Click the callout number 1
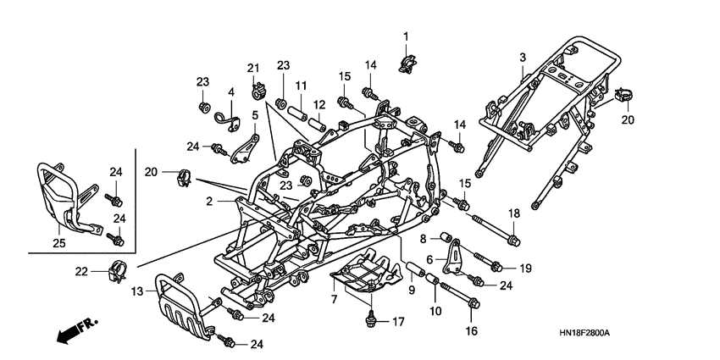click(406, 36)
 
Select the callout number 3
click(523, 57)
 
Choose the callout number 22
click(81, 270)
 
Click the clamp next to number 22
click(117, 273)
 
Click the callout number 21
click(252, 69)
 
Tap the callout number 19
click(525, 269)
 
